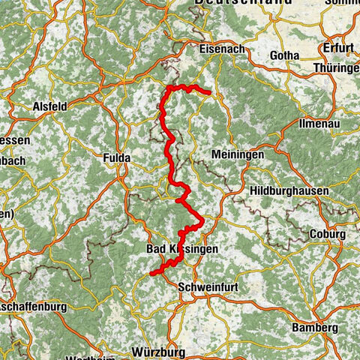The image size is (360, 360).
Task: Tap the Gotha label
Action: pos(284,55)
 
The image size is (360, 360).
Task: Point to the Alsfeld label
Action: pos(51,106)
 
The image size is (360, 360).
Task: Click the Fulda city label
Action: pos(116,158)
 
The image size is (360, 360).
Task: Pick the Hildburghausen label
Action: pos(289,190)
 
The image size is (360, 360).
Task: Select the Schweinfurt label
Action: pos(207,286)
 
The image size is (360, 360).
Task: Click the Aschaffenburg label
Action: pos(34,307)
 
